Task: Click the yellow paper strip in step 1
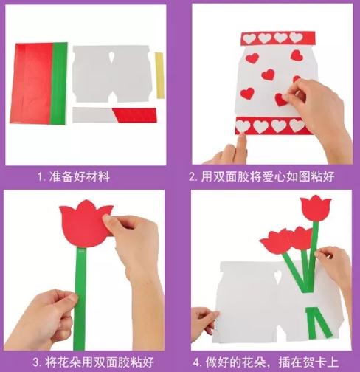point(159,75)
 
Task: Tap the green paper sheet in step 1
point(59,83)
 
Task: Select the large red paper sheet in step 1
point(31,83)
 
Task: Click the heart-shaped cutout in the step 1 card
point(111,57)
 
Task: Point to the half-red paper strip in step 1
point(114,115)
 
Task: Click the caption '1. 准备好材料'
point(74,176)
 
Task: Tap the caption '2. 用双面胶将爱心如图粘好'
point(262,176)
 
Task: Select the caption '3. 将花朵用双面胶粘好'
point(94,362)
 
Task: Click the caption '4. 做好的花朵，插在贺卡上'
point(266,362)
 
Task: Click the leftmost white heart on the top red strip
point(249,38)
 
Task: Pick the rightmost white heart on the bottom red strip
point(297,125)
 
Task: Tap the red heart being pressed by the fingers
point(282,100)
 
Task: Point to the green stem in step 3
point(80,299)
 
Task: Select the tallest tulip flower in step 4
point(316,208)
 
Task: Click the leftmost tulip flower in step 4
point(276,242)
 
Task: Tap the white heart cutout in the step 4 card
point(278,277)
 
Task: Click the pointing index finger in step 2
point(241,148)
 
